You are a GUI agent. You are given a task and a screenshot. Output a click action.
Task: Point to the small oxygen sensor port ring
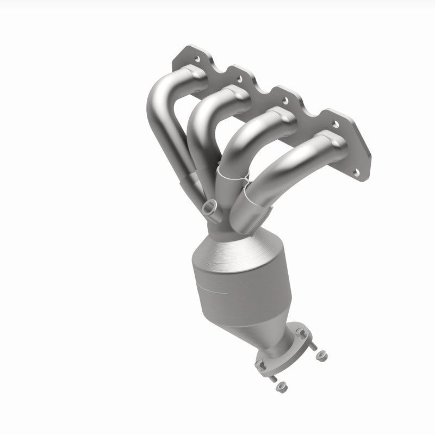(x=209, y=206)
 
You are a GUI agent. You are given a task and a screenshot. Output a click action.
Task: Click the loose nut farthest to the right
(x=321, y=356)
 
